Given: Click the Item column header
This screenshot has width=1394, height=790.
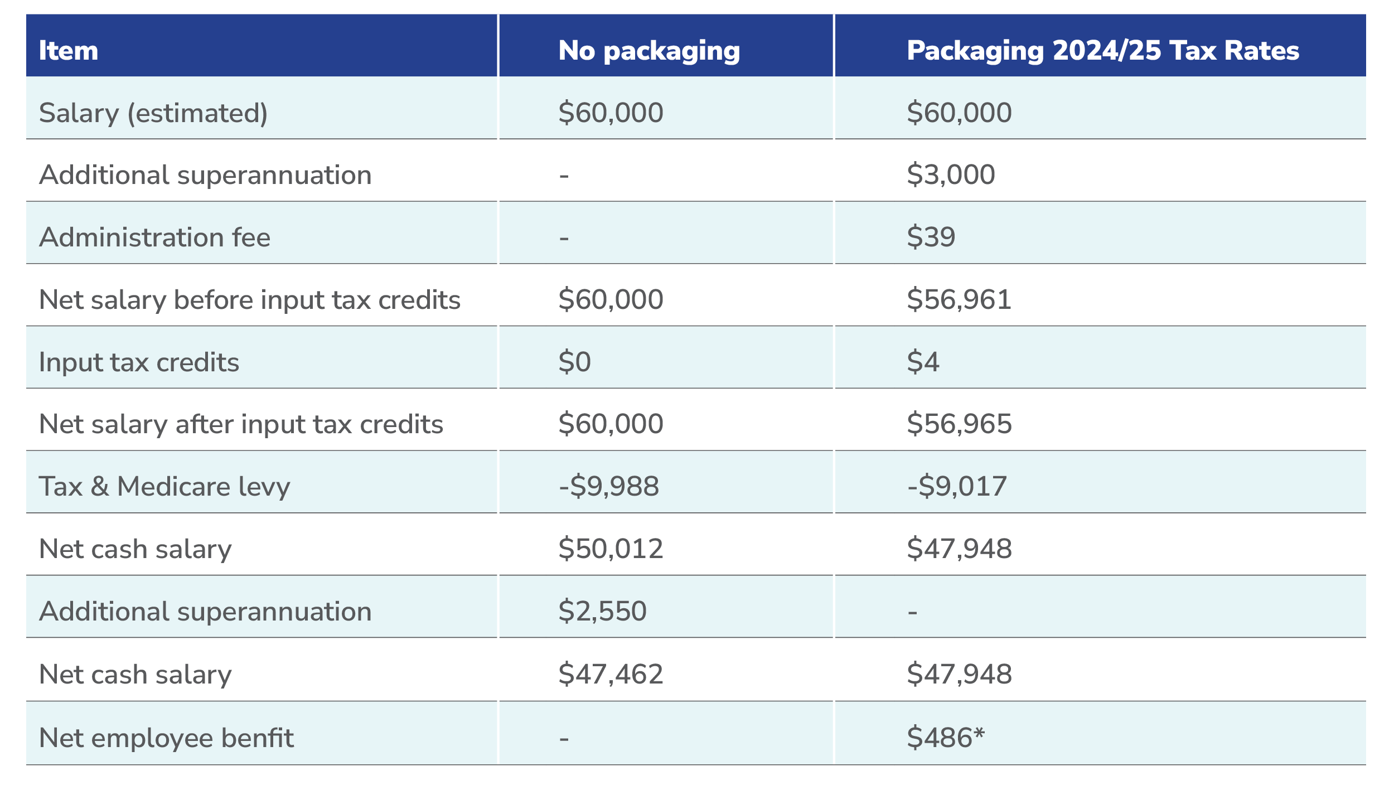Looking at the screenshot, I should click(x=69, y=51).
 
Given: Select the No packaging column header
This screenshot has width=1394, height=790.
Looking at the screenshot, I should click(x=649, y=51).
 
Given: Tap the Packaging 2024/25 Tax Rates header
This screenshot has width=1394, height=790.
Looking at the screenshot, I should click(x=1102, y=51).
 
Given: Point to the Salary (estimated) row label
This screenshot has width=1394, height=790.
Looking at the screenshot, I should click(x=153, y=113).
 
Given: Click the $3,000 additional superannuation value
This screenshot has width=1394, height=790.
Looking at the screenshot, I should click(x=951, y=175).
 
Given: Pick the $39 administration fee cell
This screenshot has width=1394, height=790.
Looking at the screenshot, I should click(x=931, y=237).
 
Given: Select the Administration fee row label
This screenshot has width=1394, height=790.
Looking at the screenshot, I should click(x=154, y=238).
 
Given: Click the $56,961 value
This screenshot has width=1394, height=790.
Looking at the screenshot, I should click(x=959, y=299).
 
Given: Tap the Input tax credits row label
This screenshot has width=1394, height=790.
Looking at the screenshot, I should click(x=139, y=362).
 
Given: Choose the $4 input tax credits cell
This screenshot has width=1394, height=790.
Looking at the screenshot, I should click(x=923, y=362).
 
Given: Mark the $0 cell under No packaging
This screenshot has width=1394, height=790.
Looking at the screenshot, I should click(x=574, y=362).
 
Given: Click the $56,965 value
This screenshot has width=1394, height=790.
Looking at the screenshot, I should click(x=959, y=424).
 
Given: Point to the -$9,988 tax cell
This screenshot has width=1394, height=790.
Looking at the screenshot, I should click(x=608, y=486).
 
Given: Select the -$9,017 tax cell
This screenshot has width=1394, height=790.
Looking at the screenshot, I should click(x=957, y=486).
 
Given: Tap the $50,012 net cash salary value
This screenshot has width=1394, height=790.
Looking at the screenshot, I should click(x=611, y=549).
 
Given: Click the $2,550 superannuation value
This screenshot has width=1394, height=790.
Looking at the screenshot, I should click(x=602, y=611).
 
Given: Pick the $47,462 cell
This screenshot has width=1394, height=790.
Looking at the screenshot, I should click(x=611, y=674).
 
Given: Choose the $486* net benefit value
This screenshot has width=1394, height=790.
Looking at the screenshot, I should click(x=946, y=738).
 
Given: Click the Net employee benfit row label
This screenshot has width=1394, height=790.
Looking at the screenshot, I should click(x=166, y=738).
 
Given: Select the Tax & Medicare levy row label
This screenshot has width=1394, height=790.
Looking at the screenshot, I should click(x=164, y=486).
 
